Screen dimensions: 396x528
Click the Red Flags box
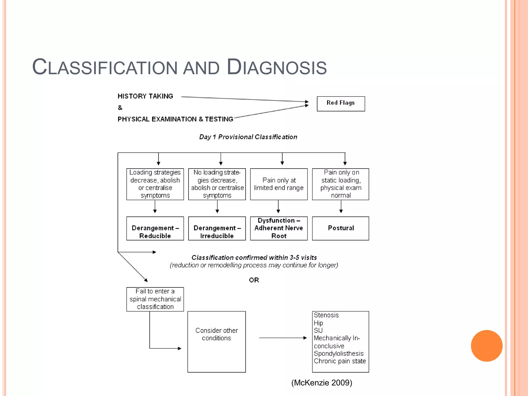341,104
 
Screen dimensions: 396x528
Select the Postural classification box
341,228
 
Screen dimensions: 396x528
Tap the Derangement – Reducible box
155,229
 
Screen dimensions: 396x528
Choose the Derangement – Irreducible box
217,229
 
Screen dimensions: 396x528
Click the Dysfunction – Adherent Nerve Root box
279,228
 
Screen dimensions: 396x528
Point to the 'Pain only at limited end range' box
279,184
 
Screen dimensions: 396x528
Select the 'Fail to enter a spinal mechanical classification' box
155,299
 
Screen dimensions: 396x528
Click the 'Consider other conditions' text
217,334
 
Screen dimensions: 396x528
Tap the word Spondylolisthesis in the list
339,353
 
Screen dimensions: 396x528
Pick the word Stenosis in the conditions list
326,315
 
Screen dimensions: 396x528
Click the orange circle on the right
486,346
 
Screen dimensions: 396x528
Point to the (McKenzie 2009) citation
321,383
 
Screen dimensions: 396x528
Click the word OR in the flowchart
254,280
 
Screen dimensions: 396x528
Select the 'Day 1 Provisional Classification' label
248,137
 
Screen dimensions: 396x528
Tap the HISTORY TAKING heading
145,96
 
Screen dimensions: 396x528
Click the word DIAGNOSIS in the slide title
277,67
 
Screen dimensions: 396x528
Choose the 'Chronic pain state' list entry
340,361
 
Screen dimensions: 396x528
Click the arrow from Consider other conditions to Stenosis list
283,338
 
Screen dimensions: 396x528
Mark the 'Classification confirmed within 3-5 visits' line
254,258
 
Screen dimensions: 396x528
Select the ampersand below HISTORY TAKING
120,108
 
